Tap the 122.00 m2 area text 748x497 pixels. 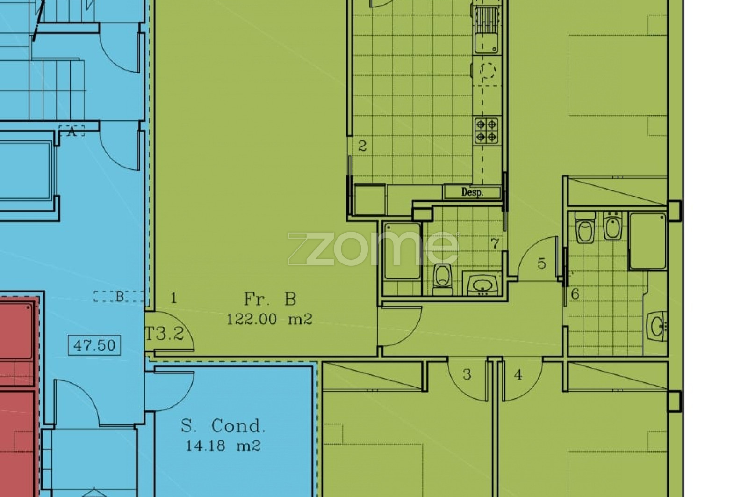[x=269, y=319]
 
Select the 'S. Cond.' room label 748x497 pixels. [x=223, y=426]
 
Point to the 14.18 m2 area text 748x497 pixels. [x=223, y=446]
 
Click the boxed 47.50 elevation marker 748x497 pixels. [x=94, y=345]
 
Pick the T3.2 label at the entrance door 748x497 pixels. [x=165, y=333]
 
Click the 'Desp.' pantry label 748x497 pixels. [x=472, y=192]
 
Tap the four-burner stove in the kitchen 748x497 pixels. [x=487, y=130]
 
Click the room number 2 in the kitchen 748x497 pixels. [x=362, y=146]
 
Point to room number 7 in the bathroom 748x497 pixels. [x=495, y=243]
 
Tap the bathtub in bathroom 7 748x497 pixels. [x=402, y=251]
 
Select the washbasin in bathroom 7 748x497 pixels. [x=482, y=285]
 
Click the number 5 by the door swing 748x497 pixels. [x=542, y=263]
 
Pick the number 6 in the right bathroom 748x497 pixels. [x=575, y=294]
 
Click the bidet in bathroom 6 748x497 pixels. [x=612, y=226]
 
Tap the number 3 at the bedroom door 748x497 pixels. [x=467, y=375]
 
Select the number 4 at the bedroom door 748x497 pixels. [x=518, y=375]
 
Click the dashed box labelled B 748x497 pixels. [x=119, y=296]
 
